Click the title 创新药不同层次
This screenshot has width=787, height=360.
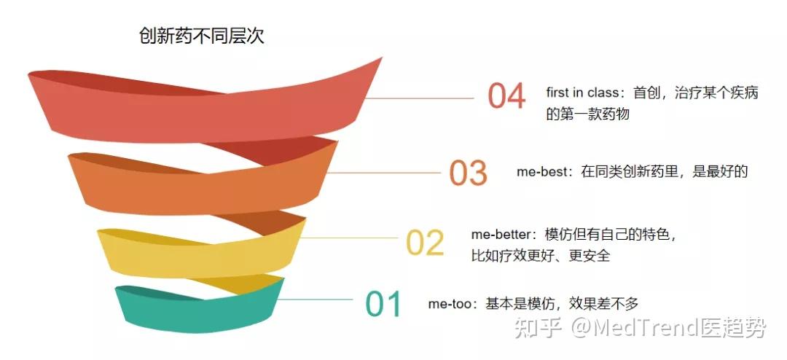pyautogui.click(x=201, y=36)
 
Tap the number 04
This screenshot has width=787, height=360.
pyautogui.click(x=506, y=97)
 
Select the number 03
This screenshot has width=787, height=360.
pyautogui.click(x=468, y=173)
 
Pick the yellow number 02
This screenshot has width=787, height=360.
pyautogui.click(x=425, y=243)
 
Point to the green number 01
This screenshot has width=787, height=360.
pyautogui.click(x=383, y=305)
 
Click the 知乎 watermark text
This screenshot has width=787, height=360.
pyautogui.click(x=538, y=329)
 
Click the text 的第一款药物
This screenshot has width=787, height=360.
pyautogui.click(x=587, y=114)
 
